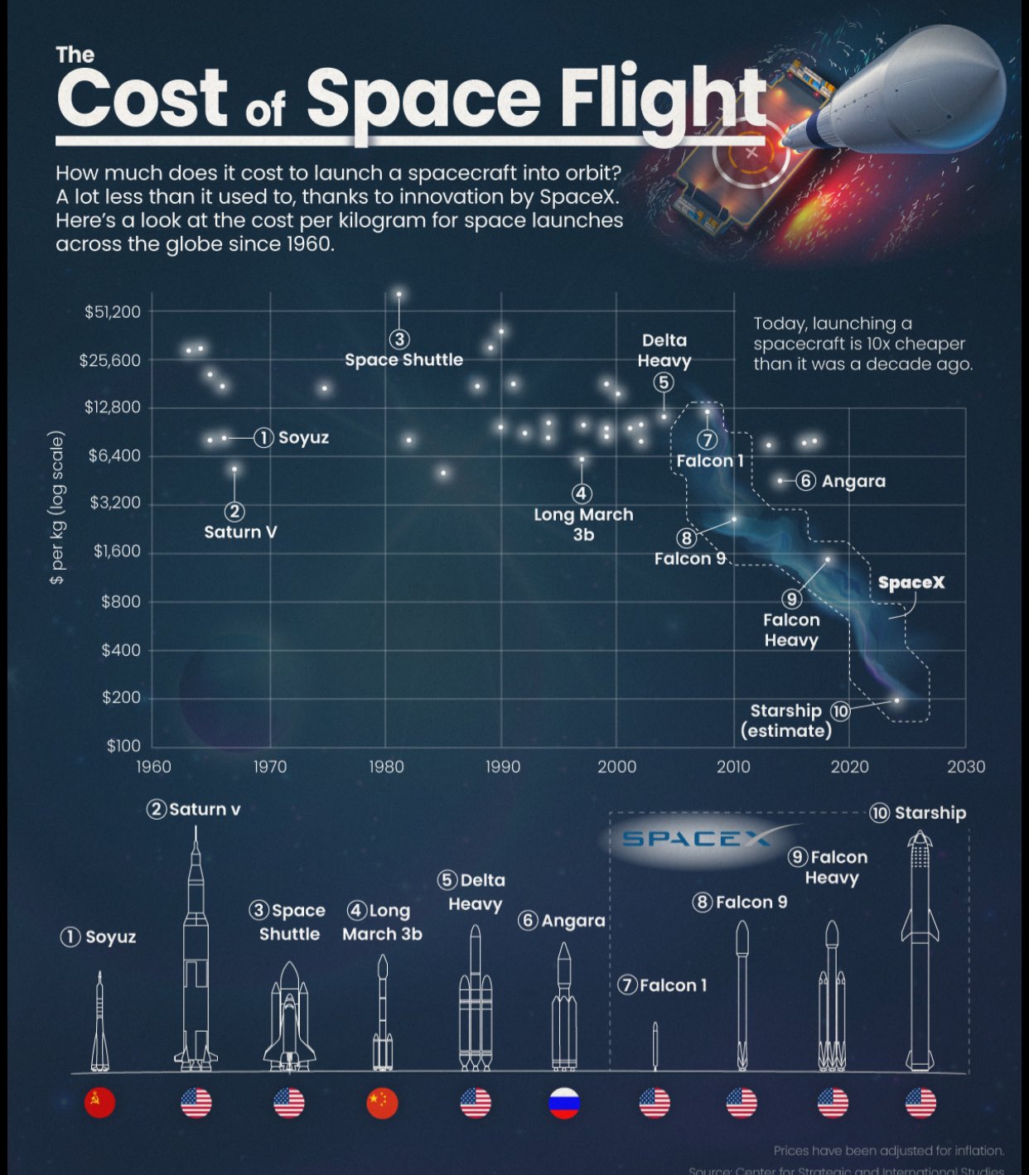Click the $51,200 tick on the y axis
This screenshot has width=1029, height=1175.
tap(113, 312)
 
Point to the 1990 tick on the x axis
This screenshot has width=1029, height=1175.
tap(502, 767)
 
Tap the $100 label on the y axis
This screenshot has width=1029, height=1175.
tap(123, 746)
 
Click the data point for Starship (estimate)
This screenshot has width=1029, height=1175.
tap(896, 701)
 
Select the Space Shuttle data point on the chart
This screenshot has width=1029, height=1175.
tap(399, 294)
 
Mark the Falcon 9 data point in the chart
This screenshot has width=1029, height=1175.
tap(734, 519)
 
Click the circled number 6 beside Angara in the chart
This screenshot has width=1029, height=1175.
tap(805, 480)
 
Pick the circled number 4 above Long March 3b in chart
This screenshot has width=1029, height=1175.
tap(582, 494)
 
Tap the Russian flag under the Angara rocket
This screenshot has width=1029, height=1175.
tap(564, 1103)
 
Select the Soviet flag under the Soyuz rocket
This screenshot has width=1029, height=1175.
tap(100, 1103)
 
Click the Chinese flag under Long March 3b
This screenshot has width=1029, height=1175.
tap(382, 1103)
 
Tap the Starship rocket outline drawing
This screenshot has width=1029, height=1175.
tap(920, 952)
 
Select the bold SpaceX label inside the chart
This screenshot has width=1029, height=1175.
tap(911, 582)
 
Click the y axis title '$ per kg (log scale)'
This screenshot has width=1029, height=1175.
tap(56, 508)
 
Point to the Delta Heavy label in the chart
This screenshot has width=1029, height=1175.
tap(664, 350)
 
